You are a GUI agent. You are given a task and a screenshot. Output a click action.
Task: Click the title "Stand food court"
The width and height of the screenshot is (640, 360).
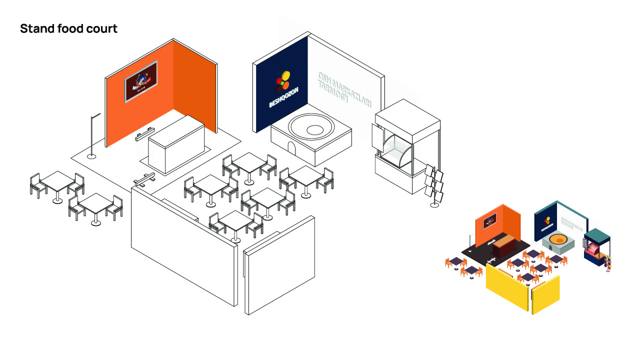(x=68, y=29)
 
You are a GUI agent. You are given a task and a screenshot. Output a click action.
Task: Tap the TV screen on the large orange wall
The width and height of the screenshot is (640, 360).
(x=141, y=81)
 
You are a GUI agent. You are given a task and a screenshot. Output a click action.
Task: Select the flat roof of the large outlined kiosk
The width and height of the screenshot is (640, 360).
(x=407, y=115)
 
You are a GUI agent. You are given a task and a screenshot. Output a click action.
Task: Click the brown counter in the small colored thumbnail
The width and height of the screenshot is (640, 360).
(x=502, y=246)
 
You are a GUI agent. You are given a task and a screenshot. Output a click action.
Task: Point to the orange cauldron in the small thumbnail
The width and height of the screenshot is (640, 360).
(x=559, y=240)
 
